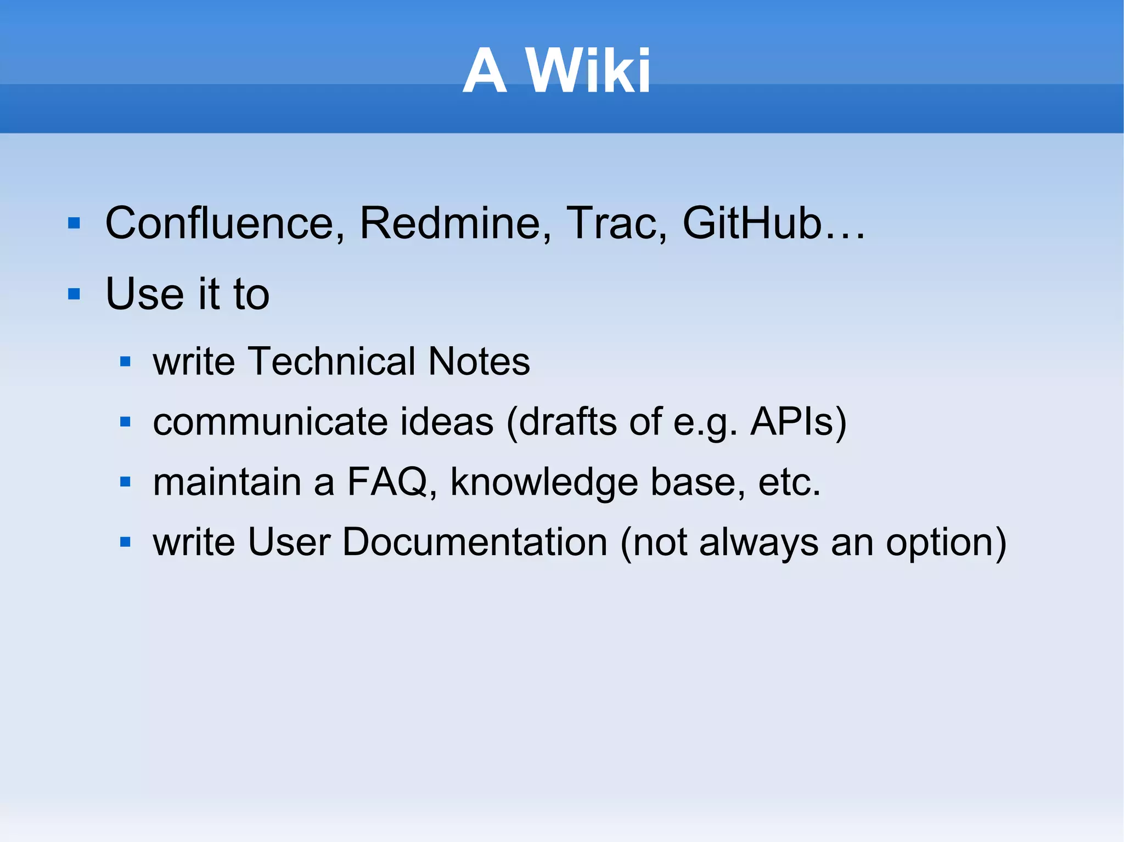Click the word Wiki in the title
pyautogui.click(x=588, y=71)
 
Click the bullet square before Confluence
pyautogui.click(x=74, y=224)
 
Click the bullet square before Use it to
pyautogui.click(x=74, y=295)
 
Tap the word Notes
pyautogui.click(x=479, y=361)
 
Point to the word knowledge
pyautogui.click(x=544, y=482)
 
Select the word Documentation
pyautogui.click(x=475, y=543)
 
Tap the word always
pyautogui.click(x=758, y=543)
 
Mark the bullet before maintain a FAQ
pyautogui.click(x=126, y=483)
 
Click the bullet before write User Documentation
pyautogui.click(x=126, y=543)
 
